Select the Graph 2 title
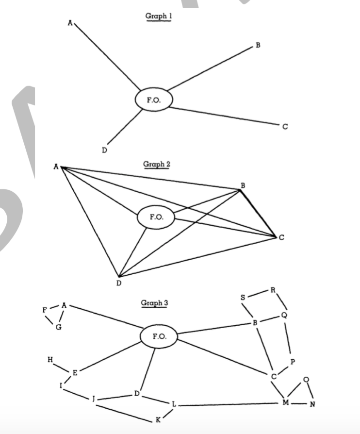click(x=156, y=164)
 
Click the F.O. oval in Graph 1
click(x=153, y=100)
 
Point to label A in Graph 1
click(x=70, y=22)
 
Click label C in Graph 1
click(x=285, y=127)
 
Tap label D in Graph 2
click(x=119, y=283)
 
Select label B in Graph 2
click(x=243, y=185)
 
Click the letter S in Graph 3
click(x=243, y=297)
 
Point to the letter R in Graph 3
click(x=273, y=290)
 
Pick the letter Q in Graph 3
click(x=284, y=315)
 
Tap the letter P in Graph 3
click(x=293, y=361)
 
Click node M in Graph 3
click(x=285, y=402)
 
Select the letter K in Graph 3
click(x=158, y=419)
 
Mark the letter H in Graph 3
click(x=50, y=360)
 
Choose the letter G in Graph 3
click(x=59, y=327)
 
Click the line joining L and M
click(x=228, y=404)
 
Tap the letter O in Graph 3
click(x=306, y=379)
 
